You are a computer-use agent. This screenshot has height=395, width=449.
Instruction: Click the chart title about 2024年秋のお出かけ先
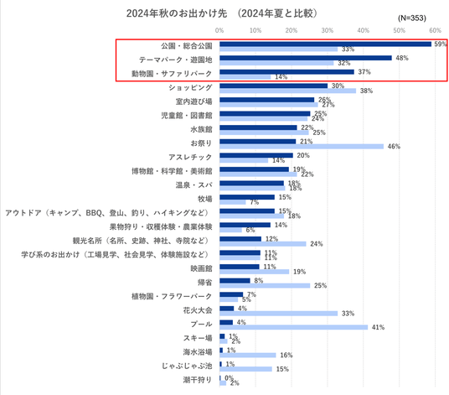[x=222, y=13]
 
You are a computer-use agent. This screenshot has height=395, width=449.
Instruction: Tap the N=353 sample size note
[x=412, y=18]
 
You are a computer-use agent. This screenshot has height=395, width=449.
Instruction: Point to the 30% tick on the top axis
[x=328, y=30]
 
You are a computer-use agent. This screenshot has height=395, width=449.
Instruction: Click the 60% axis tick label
[x=435, y=30]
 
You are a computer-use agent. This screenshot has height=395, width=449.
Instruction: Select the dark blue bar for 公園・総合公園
[x=325, y=44]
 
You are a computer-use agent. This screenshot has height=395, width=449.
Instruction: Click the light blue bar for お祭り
[x=302, y=147]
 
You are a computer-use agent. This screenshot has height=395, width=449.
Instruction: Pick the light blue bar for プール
[x=293, y=327]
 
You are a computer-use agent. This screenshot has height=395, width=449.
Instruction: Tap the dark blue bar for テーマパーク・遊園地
[x=306, y=58]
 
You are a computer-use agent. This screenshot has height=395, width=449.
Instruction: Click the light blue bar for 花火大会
[x=279, y=314]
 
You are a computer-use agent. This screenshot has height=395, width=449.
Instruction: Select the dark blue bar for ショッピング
[x=273, y=86]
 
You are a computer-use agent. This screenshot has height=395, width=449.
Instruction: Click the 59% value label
[x=441, y=44]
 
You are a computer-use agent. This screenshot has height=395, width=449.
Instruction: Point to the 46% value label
[x=394, y=147]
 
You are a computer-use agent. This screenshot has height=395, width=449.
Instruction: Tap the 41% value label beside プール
[x=378, y=327]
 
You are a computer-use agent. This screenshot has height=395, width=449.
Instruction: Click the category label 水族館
[x=201, y=129]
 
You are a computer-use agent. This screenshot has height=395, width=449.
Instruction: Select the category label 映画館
[x=201, y=268]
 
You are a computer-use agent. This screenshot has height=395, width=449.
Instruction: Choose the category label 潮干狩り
[x=198, y=380]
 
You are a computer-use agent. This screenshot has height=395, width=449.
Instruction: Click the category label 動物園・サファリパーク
[x=172, y=74]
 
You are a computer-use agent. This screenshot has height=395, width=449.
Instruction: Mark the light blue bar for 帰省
[x=265, y=285]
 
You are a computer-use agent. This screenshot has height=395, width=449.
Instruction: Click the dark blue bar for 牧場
[x=247, y=197]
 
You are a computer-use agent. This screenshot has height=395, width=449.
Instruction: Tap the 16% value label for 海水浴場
[x=286, y=355]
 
